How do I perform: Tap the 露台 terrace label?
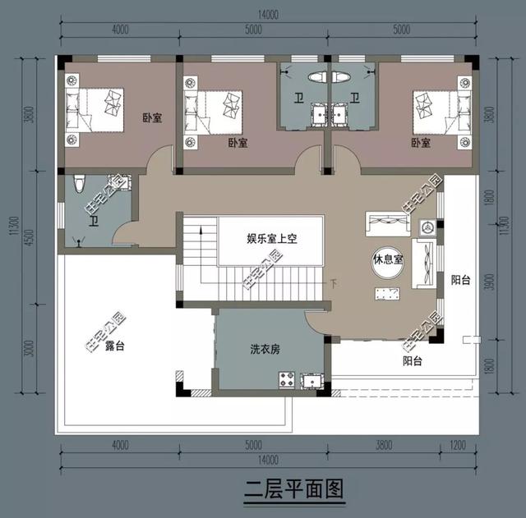(115, 346)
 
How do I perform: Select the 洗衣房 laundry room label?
(265, 349)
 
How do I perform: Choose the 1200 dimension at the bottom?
(459, 446)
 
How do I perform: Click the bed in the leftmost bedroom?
(97, 112)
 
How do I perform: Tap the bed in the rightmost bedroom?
(436, 112)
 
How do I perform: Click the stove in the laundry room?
(288, 380)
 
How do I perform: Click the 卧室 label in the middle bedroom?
(238, 142)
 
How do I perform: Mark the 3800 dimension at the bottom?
(383, 446)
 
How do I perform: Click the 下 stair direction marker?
(333, 284)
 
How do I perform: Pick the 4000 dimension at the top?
(120, 30)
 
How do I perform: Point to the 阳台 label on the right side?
(460, 280)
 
